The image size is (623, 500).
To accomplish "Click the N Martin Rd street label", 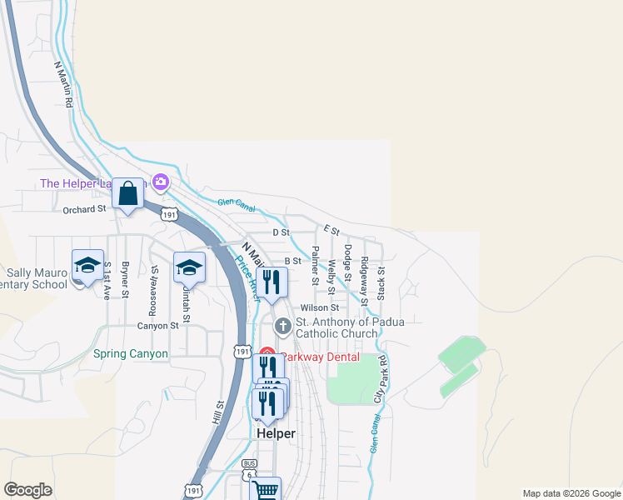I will coord(63,84).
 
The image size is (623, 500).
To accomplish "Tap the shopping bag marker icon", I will coord(128,194).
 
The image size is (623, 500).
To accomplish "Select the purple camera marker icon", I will coord(161,182).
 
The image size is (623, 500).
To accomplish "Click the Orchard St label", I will coord(85,210).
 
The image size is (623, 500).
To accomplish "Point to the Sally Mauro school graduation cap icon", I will coord(87,265).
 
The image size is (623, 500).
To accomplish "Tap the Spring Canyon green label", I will coord(131,353).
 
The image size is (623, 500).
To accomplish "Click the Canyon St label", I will coord(158,326).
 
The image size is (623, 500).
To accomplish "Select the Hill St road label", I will coord(219,414).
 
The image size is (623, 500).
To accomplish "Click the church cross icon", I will coord(282,325).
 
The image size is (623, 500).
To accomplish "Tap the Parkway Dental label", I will coord(320,357).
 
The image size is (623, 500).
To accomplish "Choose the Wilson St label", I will coord(320,307).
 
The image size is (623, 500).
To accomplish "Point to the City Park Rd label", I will coord(381,379).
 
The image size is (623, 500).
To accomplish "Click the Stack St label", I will coord(381,282).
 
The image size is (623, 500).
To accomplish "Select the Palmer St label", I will coord(315,265).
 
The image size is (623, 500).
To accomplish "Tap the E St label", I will coord(332,229).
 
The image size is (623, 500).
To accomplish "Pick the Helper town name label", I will coord(276,434).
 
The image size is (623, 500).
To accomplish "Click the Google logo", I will coord(27,490).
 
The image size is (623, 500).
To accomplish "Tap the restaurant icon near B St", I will coord(271,282).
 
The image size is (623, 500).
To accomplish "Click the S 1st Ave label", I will coord(107,281).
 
